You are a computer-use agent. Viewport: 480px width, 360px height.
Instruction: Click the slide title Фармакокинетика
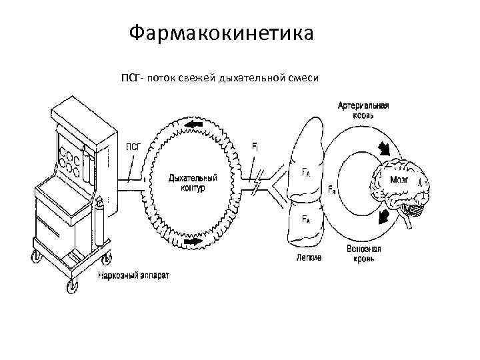221,32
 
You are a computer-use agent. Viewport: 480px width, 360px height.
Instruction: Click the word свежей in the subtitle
191,79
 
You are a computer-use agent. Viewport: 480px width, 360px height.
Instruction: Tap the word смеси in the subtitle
303,79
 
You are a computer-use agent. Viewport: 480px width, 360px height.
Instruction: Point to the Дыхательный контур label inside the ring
193,183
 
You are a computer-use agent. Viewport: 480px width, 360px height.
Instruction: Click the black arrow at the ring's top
195,125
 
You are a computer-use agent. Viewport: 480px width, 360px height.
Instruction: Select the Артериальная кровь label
363,110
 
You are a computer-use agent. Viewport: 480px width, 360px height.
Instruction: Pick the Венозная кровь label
363,254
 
